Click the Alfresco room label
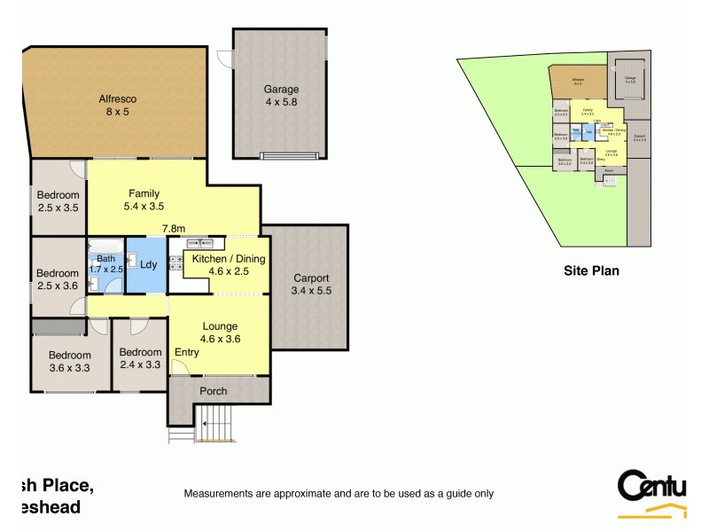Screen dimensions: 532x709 point(117,99)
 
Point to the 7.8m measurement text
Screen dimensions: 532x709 point(174,229)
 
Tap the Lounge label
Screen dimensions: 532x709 point(220,326)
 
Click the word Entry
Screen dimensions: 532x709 point(187,352)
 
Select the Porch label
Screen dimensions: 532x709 point(213,391)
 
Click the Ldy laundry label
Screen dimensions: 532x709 point(148,263)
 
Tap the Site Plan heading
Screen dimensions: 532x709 point(591,270)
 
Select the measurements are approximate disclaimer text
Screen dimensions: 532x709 point(338,494)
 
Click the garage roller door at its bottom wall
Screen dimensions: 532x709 point(289,157)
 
